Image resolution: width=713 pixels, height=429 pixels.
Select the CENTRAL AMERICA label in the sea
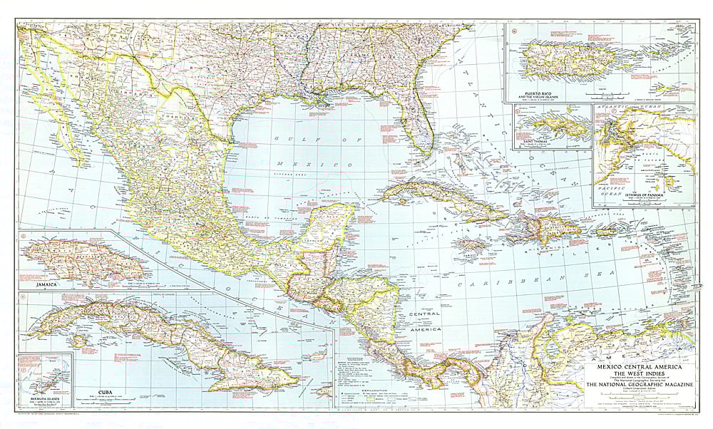tap(420, 321)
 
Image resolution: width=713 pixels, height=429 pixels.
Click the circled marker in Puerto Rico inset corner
tap(511, 30)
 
